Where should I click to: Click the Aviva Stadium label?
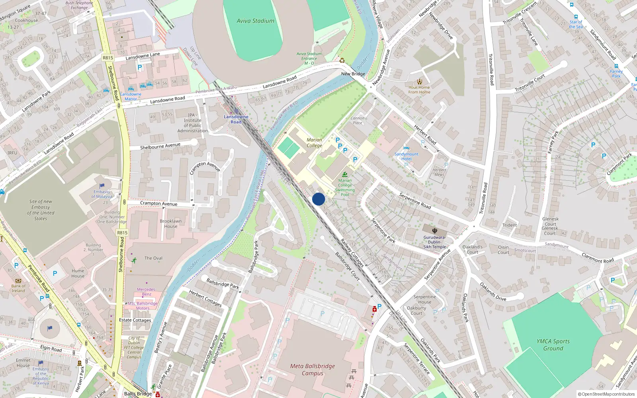click(255, 21)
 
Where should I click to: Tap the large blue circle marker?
click(318, 199)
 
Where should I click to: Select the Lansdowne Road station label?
click(236, 119)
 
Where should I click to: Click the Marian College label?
click(314, 142)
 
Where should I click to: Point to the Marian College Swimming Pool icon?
click(345, 174)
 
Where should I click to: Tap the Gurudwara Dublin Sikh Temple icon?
click(434, 230)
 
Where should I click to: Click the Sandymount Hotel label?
click(406, 156)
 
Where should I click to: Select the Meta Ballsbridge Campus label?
click(313, 369)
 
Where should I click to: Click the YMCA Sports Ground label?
click(553, 345)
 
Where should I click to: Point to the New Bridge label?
click(353, 74)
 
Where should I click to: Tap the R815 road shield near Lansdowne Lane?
click(108, 58)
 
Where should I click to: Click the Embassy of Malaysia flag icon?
click(102, 186)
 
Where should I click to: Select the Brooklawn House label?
click(171, 224)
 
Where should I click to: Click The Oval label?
click(153, 258)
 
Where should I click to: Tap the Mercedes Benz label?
click(146, 292)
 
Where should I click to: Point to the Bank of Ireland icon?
click(18, 281)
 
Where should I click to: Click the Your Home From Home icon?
click(419, 81)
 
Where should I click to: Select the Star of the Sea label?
click(576, 25)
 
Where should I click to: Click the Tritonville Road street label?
click(491, 70)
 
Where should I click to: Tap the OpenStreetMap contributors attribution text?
click(606, 394)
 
